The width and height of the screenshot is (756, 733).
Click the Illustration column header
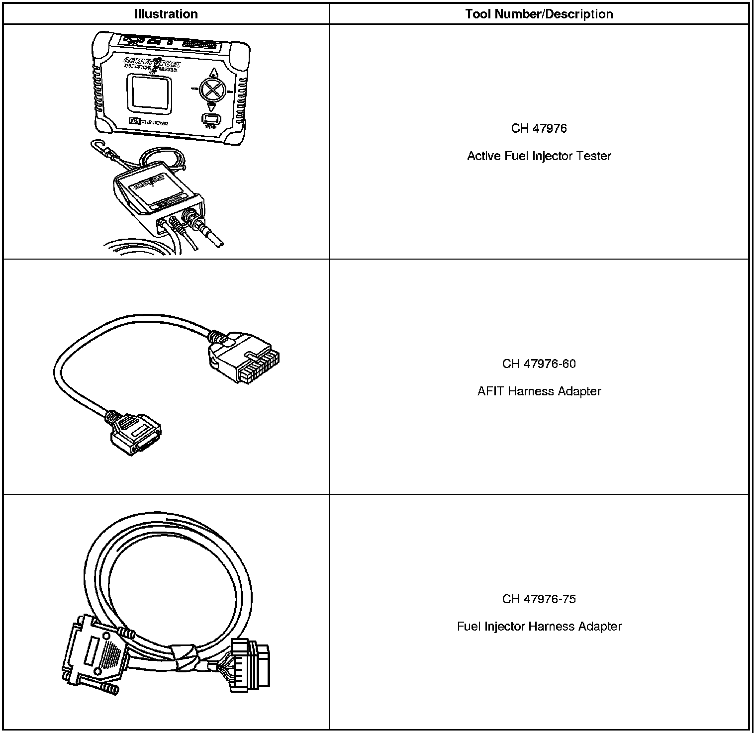tap(166, 14)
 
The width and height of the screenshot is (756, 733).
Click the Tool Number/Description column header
tap(539, 14)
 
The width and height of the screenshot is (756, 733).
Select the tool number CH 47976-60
tap(539, 364)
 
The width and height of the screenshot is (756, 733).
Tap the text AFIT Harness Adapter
tap(539, 391)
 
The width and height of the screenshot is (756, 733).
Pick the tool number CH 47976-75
tap(539, 599)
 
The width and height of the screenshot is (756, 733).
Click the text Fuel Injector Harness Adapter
tap(539, 627)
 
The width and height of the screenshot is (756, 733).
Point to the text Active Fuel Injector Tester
tap(539, 156)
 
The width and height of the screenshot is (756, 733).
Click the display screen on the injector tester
tap(150, 93)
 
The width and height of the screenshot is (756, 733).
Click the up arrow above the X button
tap(213, 72)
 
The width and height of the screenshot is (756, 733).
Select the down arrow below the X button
tap(212, 107)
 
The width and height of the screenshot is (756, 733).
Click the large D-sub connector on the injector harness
tap(92, 654)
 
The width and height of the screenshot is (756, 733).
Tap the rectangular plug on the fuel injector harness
tap(251, 666)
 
